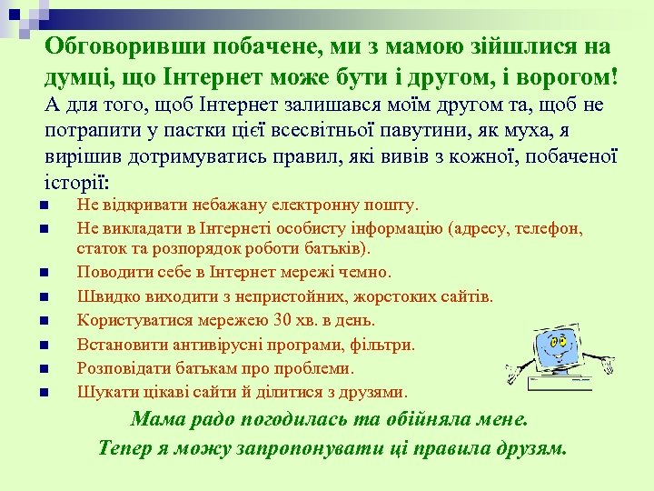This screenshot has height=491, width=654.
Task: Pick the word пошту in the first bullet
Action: pyautogui.click(x=391, y=205)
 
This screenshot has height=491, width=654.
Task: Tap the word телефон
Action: pyautogui.click(x=551, y=228)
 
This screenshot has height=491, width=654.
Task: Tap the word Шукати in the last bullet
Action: pyautogui.click(x=103, y=392)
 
